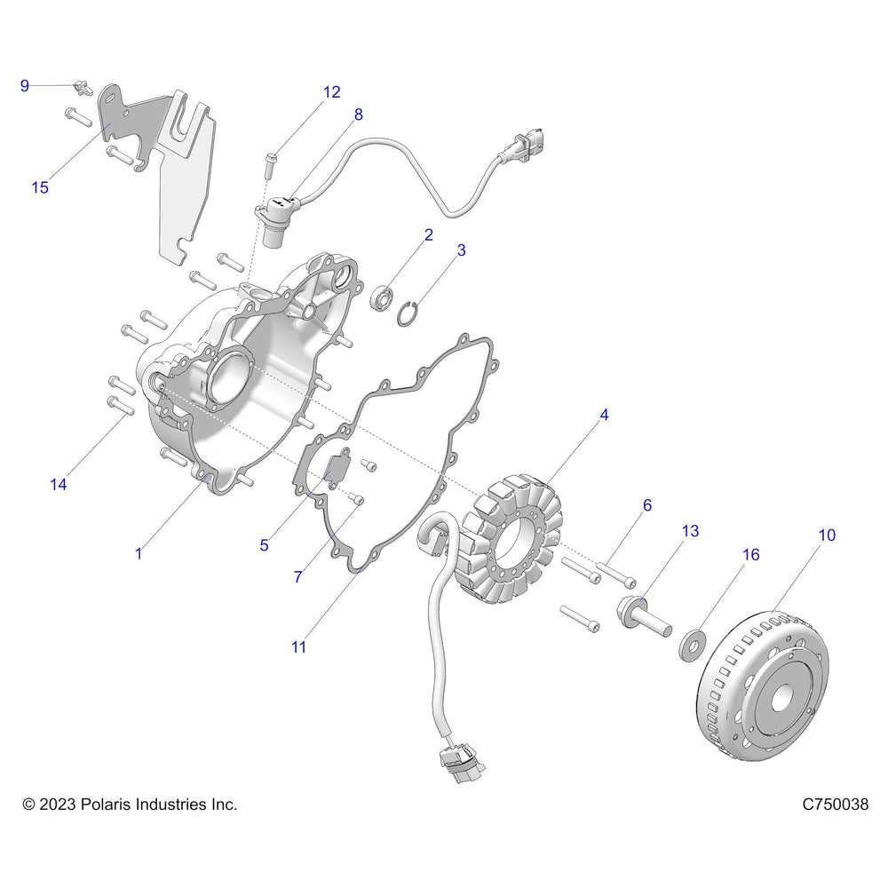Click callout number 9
(x=25, y=85)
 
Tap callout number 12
(x=331, y=91)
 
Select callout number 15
(x=40, y=187)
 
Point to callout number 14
(x=59, y=484)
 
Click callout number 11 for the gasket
(x=298, y=647)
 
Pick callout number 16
(x=751, y=555)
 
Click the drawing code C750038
(x=835, y=805)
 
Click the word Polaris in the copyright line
(x=112, y=805)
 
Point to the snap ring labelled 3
(x=408, y=313)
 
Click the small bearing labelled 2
(x=382, y=297)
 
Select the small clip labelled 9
(x=84, y=87)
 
